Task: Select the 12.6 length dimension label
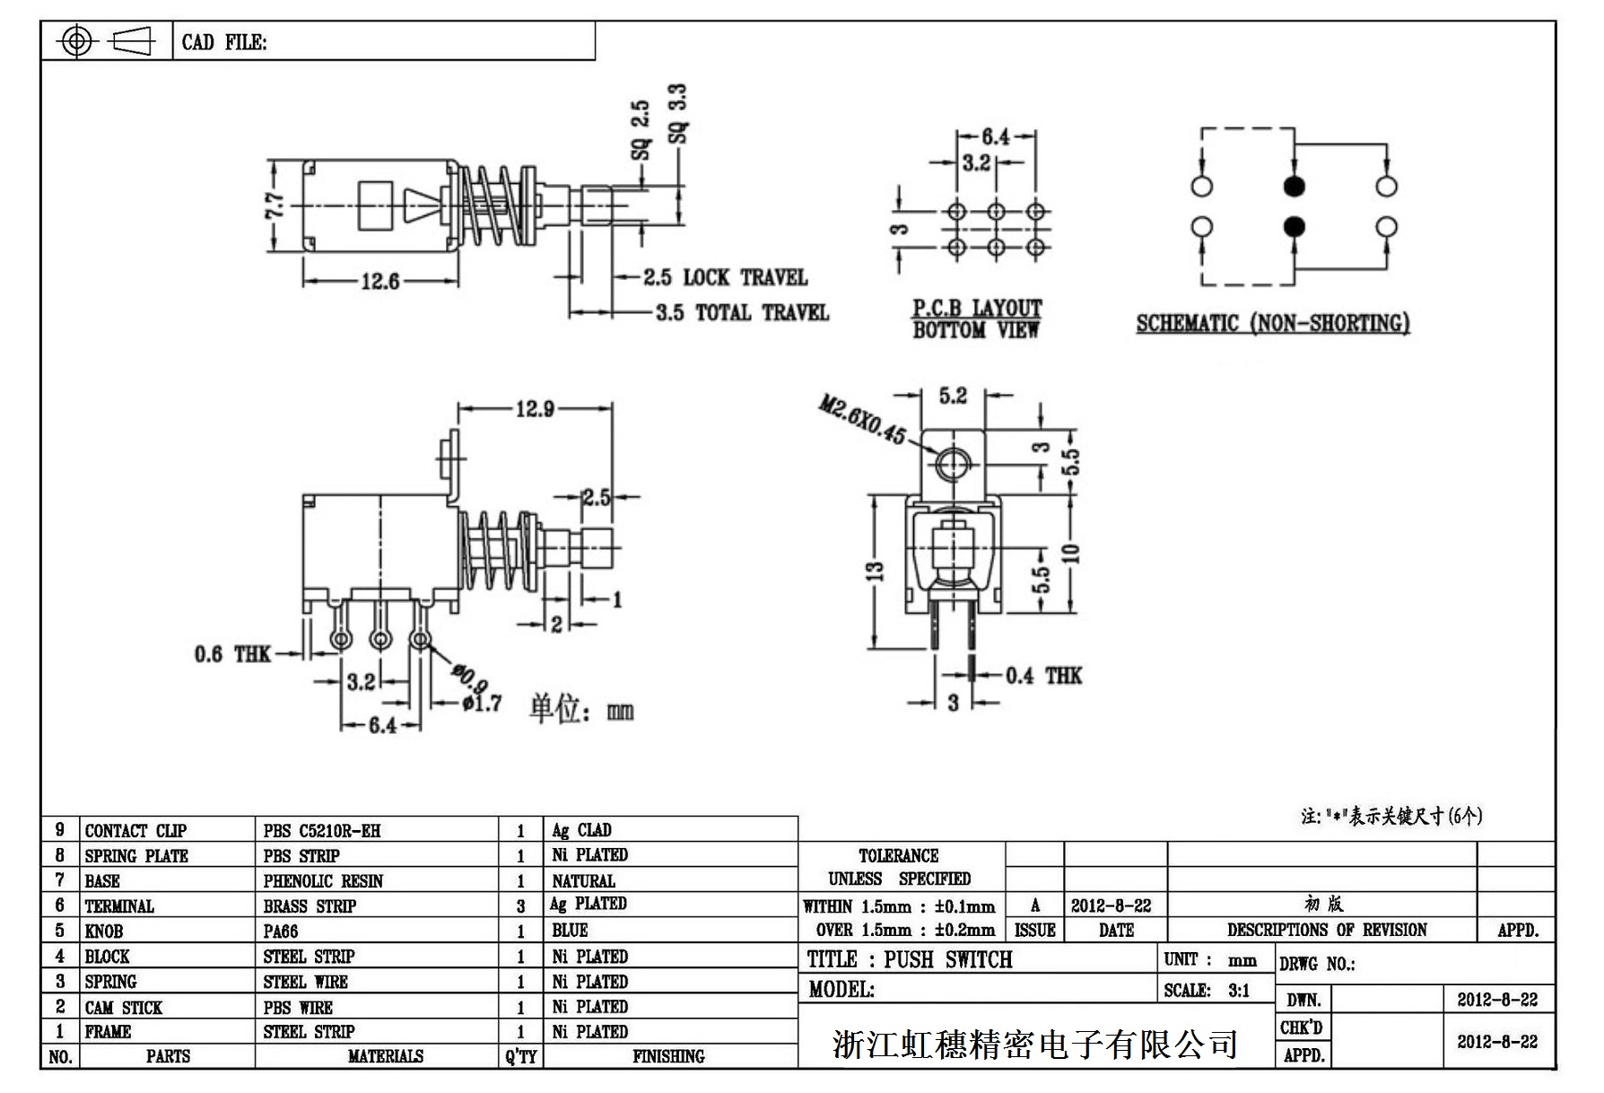379,282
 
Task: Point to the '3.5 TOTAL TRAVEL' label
741,313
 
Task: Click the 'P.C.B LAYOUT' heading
977,309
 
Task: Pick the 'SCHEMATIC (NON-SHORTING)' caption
1272,323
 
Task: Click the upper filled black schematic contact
1294,187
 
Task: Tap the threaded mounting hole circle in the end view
954,464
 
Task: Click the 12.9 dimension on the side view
535,409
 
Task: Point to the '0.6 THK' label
231,654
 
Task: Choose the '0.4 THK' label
1043,676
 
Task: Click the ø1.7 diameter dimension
482,703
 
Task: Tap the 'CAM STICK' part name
124,1007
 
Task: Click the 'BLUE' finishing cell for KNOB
570,931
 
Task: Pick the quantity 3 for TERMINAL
520,906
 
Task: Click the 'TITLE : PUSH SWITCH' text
910,960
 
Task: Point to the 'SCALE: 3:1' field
1207,991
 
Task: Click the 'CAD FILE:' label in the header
224,42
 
